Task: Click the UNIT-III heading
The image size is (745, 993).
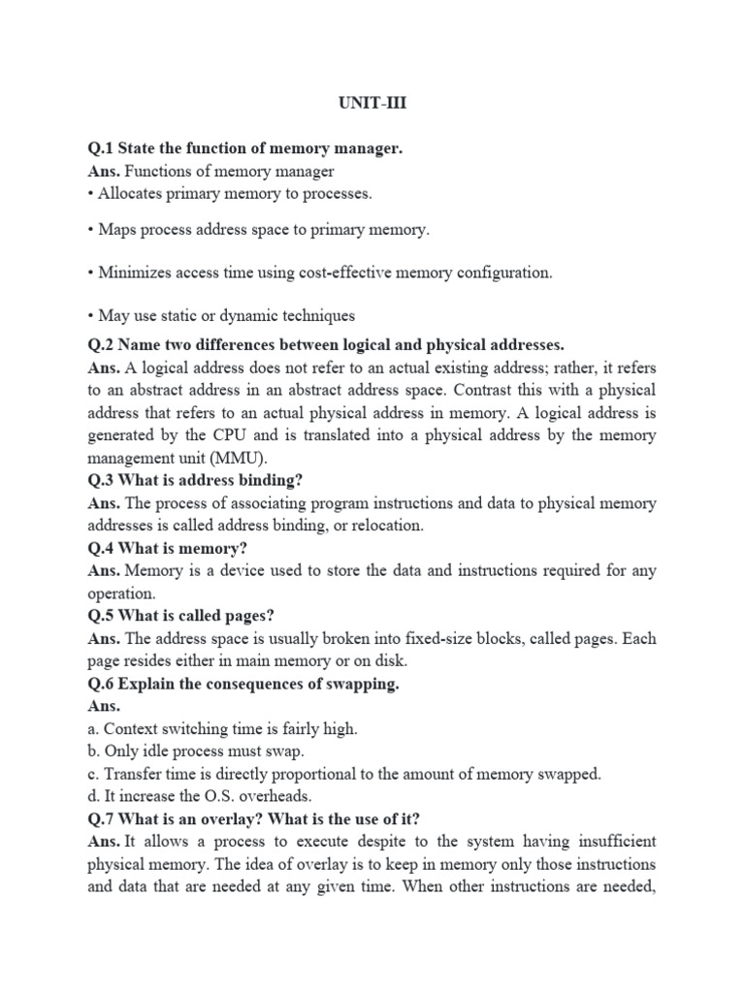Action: coord(373,105)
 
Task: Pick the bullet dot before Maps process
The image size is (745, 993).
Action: coord(90,231)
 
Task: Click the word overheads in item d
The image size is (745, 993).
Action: coord(276,796)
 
